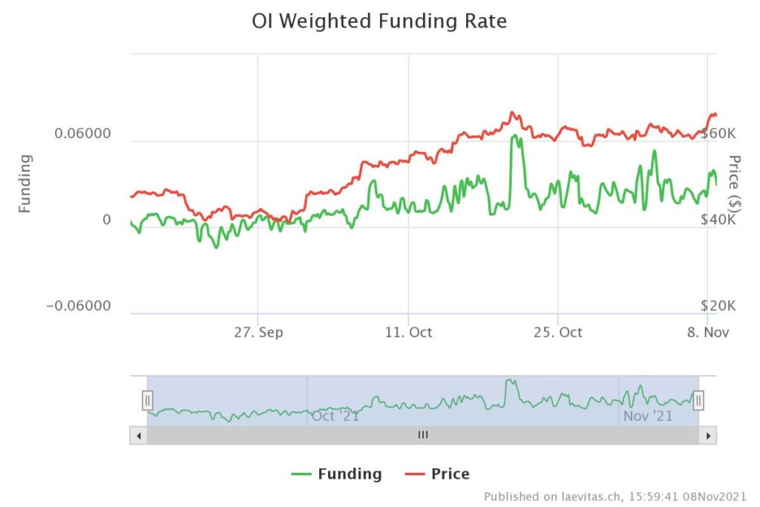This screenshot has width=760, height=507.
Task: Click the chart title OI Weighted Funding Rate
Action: coord(379,22)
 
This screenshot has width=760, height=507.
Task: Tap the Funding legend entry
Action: coord(337,474)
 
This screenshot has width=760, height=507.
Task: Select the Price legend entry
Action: coord(438,474)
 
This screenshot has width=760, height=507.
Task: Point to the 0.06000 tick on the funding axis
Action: coord(83,134)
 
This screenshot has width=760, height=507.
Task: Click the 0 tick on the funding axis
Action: coord(106,220)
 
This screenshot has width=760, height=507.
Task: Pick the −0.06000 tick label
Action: coord(79,307)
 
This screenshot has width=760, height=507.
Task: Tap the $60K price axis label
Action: coord(718,134)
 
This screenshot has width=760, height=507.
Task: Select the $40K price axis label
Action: coord(718,220)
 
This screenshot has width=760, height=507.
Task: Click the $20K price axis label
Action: coord(718,307)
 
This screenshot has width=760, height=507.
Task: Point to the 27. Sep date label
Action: coord(258,332)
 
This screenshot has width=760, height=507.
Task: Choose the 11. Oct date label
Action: coord(408,332)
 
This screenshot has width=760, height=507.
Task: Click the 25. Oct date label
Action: coord(558,332)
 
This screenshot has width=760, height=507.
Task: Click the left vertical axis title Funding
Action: coord(25,183)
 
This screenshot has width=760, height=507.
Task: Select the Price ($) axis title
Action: coord(735,183)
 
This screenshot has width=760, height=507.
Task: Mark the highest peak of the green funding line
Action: coord(514,137)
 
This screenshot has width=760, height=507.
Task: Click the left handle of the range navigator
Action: coord(148,401)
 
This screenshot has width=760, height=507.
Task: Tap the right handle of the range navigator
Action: coord(698,401)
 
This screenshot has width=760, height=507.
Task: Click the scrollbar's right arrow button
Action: coord(710,435)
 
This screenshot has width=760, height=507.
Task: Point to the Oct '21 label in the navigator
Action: coord(335,416)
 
